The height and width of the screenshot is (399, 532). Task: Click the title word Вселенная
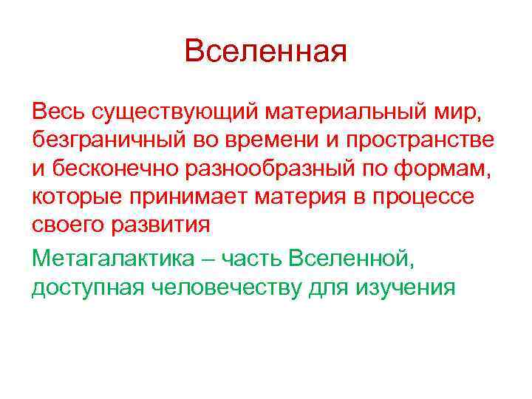[x=265, y=52]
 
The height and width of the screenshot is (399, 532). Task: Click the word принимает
[x=193, y=198]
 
